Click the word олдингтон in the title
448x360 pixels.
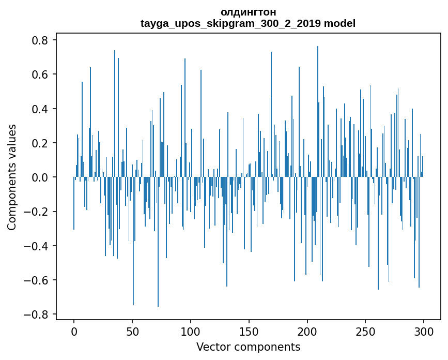tap(248, 12)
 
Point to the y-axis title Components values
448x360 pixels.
tap(12, 177)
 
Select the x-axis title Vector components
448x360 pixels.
tap(248, 347)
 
